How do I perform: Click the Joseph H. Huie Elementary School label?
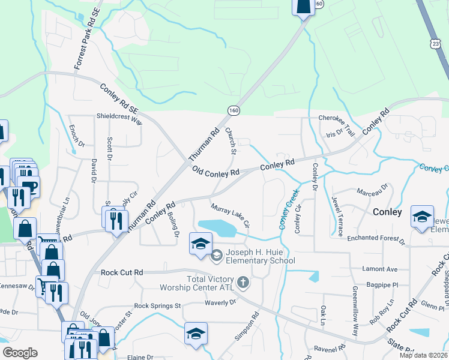[x=261, y=256]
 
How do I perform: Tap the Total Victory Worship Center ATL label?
[x=203, y=283]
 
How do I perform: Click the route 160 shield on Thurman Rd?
[x=233, y=110]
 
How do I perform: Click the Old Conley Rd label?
[x=216, y=172]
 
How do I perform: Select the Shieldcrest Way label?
[x=120, y=118]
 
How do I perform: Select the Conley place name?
[x=387, y=212]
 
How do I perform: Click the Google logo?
[x=19, y=353]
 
